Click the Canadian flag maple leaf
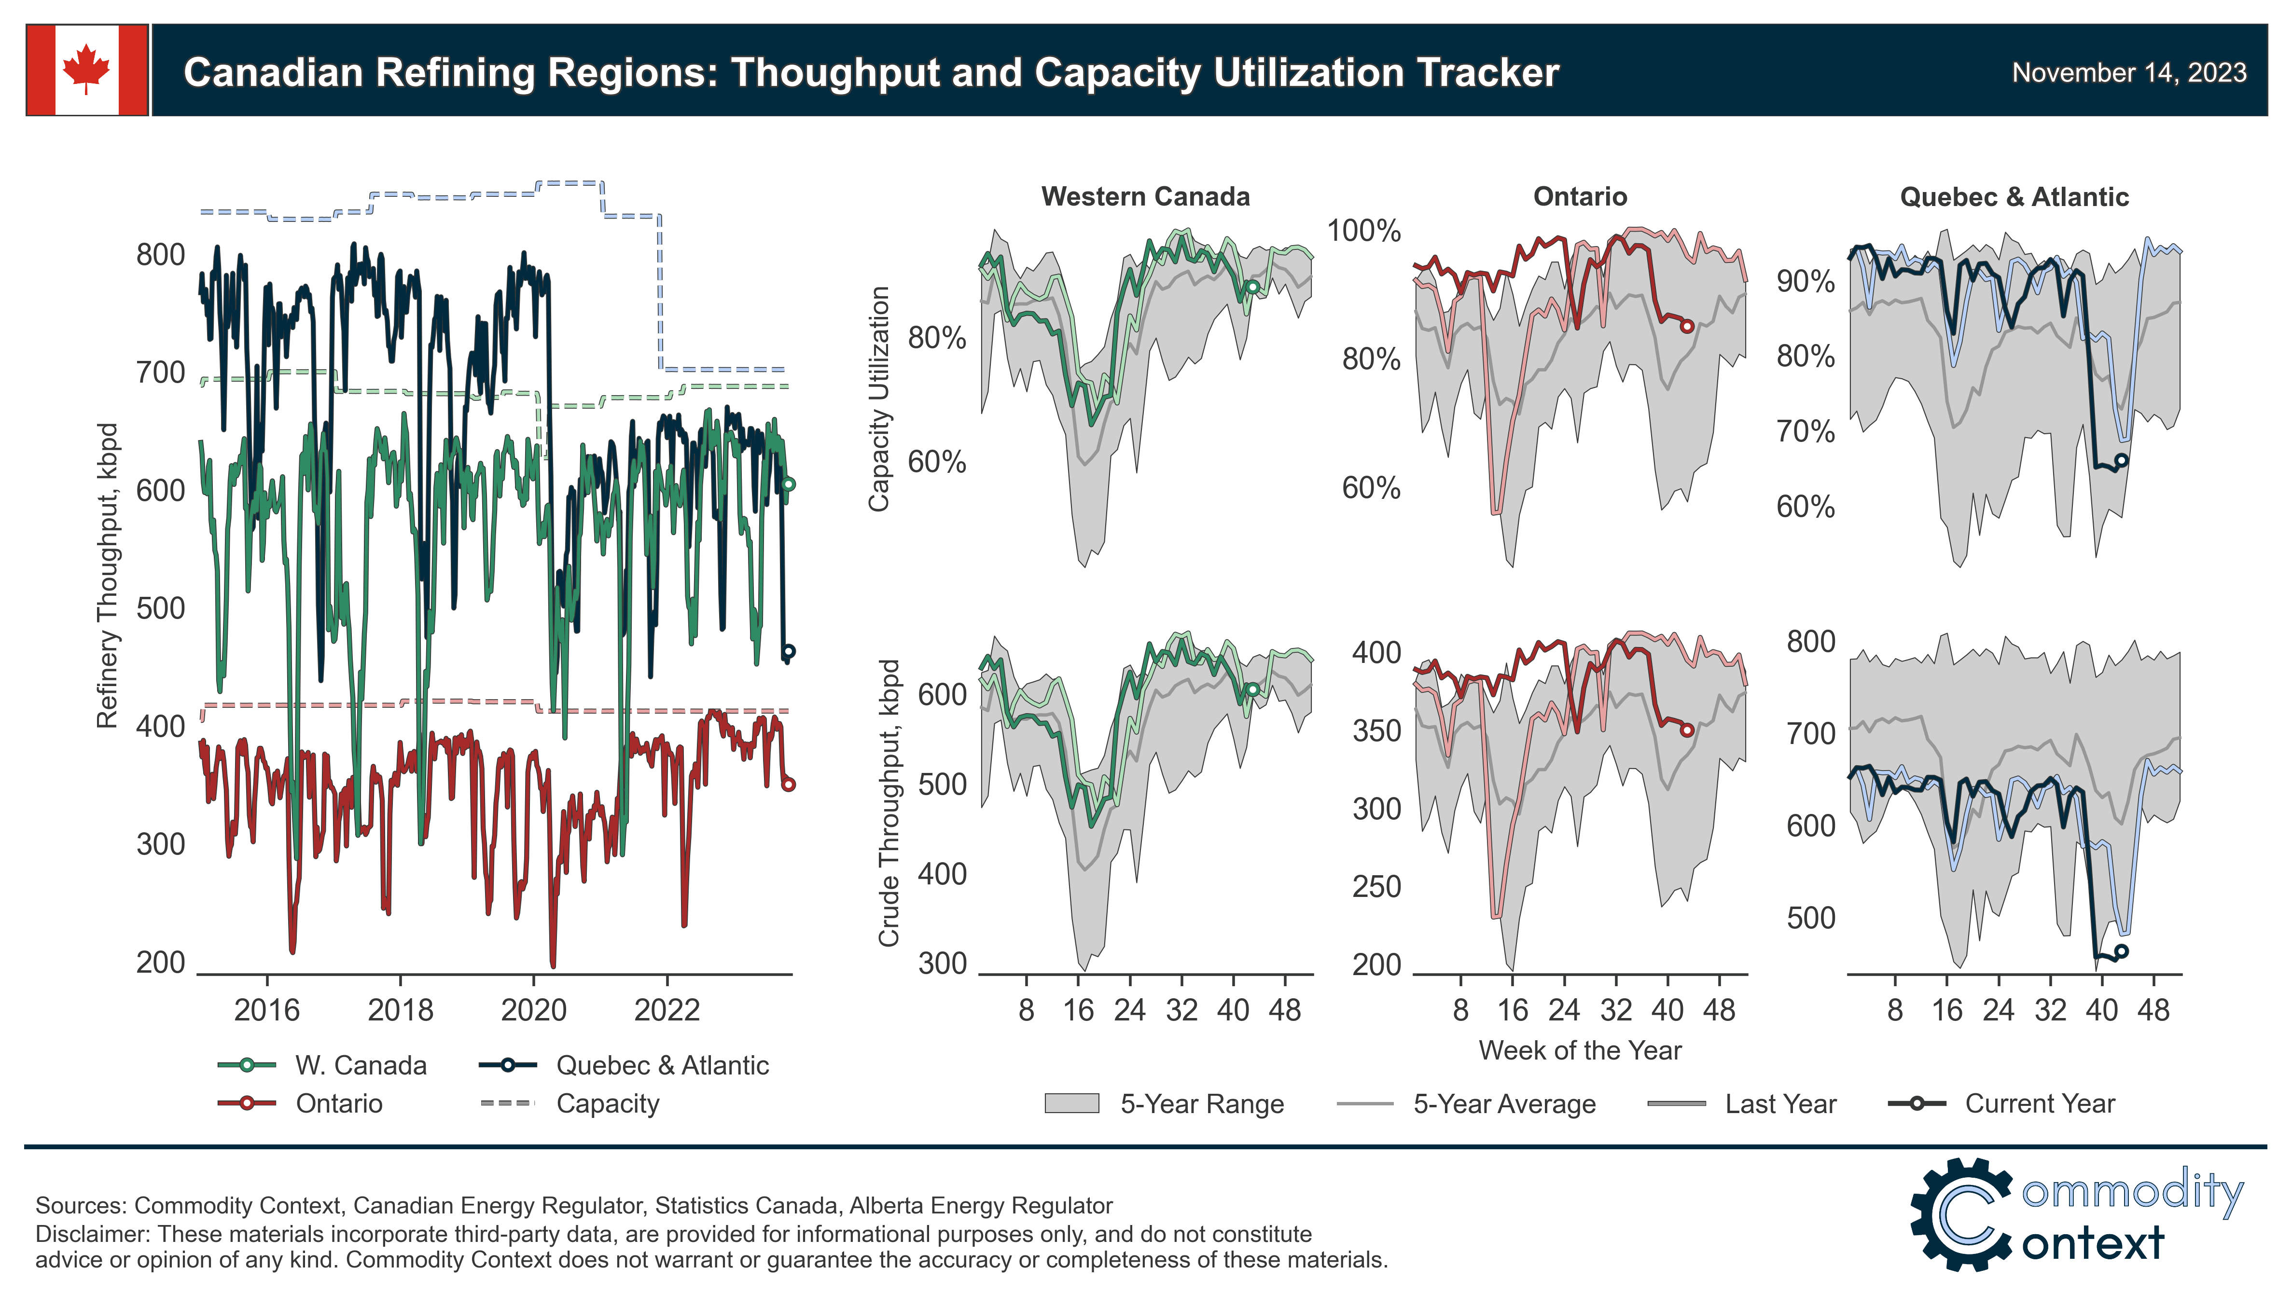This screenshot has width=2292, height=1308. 86,69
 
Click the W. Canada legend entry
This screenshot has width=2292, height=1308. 361,1065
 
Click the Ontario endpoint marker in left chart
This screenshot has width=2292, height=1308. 788,784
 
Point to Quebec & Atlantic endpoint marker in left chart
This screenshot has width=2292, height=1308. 788,651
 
